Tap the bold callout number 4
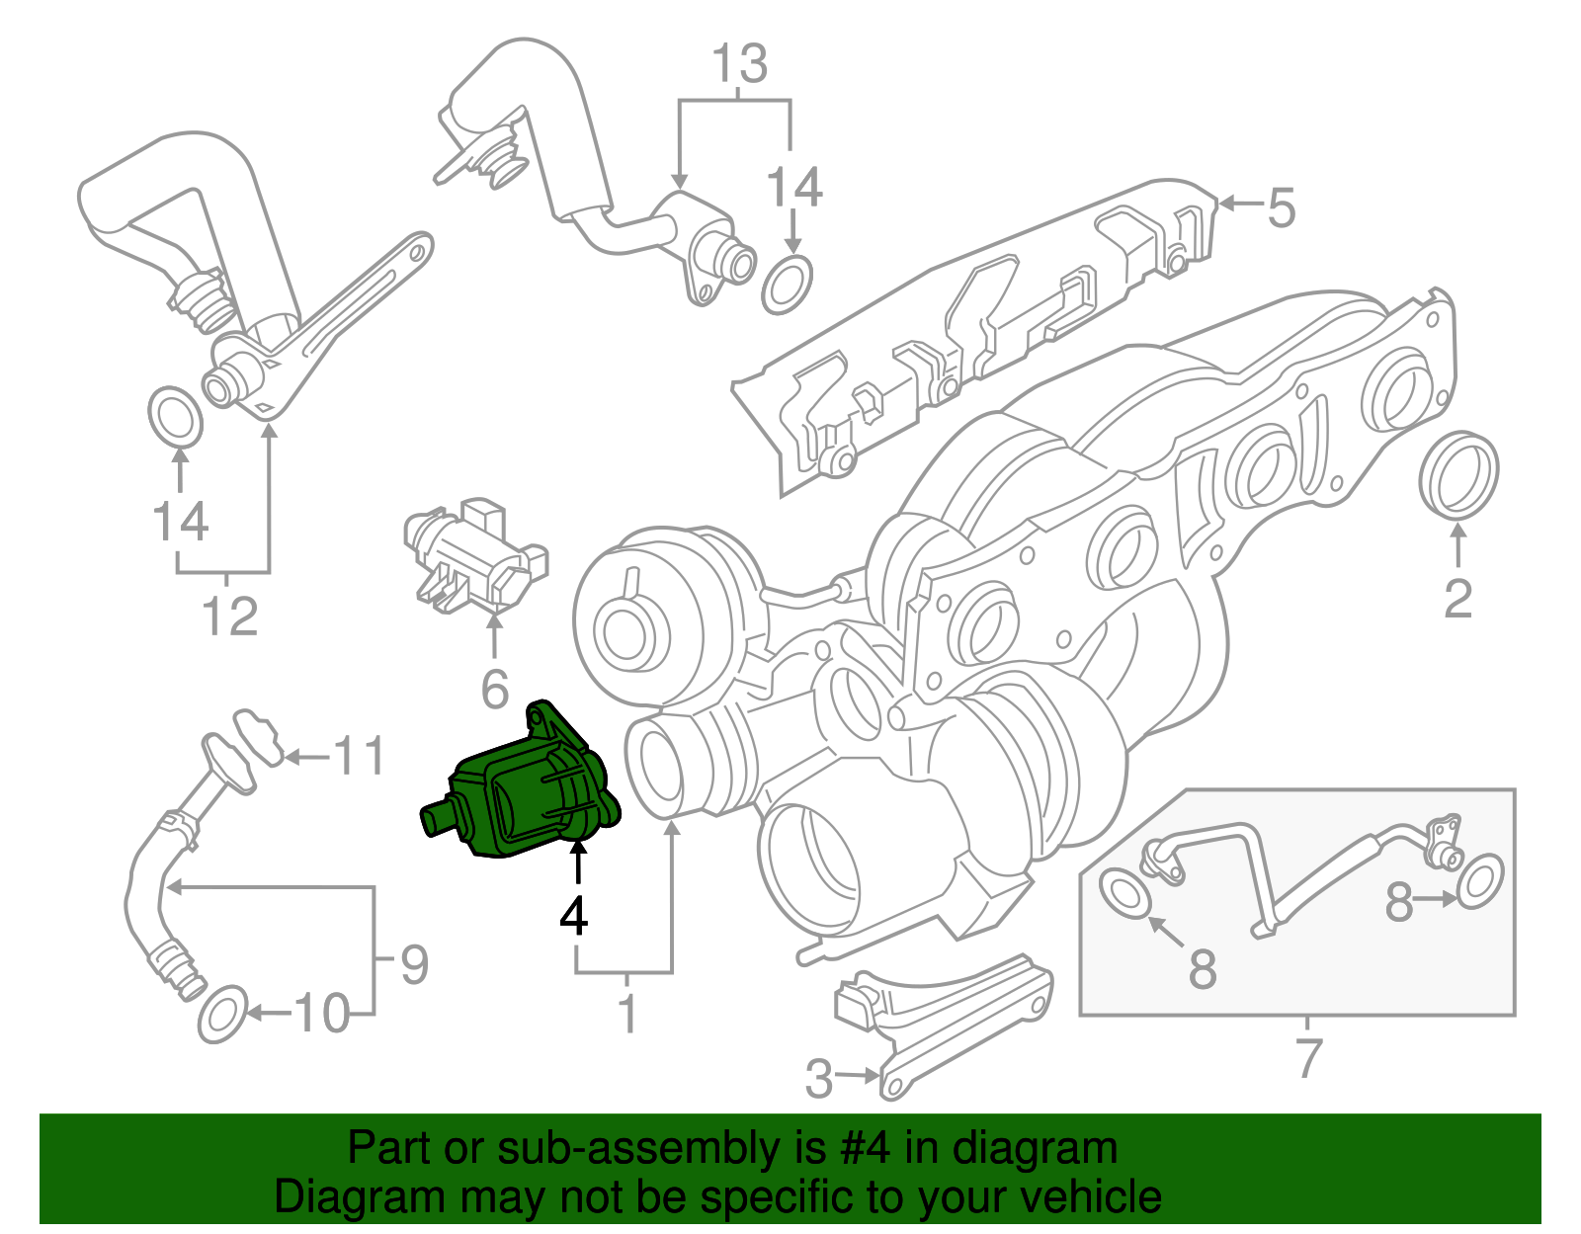(x=574, y=916)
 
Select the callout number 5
(x=1281, y=208)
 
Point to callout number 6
(x=494, y=689)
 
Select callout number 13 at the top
(x=740, y=64)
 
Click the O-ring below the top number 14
(x=788, y=285)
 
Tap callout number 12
(x=229, y=617)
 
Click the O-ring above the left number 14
(x=175, y=417)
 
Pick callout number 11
(x=358, y=758)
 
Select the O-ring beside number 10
(x=222, y=1014)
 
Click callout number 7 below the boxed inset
(x=1307, y=1058)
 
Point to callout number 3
(x=818, y=1078)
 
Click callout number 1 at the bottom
(x=627, y=1014)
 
